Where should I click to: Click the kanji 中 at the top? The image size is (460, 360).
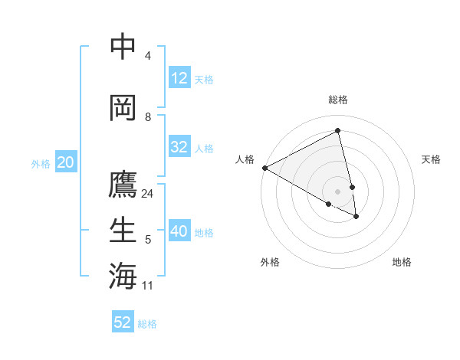123,47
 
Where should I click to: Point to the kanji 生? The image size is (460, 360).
123,231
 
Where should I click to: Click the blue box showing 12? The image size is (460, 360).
179,78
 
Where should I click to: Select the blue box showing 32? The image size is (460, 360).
179,147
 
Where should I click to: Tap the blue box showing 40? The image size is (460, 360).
179,231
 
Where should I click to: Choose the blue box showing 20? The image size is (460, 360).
65,162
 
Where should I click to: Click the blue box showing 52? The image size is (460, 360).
123,322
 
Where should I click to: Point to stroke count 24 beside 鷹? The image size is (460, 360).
148,194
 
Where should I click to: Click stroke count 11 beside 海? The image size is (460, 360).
148,286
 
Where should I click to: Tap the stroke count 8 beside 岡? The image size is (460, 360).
148,117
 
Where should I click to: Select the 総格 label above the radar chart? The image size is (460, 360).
338,100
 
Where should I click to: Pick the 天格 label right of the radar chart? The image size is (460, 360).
431,159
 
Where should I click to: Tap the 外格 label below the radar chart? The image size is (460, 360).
270,262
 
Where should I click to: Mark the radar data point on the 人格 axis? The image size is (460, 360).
264,168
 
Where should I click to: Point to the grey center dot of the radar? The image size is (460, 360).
338,191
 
